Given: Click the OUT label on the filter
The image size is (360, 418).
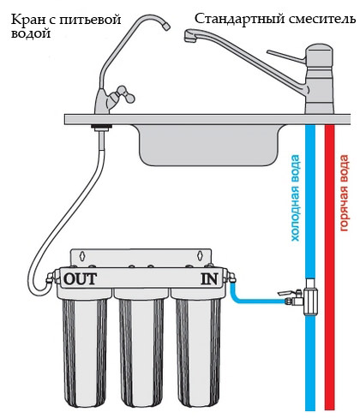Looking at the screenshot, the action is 81,279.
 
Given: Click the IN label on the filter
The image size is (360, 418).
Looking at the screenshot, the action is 209,279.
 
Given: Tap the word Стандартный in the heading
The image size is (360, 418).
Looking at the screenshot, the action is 239,20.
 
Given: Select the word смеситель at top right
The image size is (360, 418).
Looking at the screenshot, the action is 322,19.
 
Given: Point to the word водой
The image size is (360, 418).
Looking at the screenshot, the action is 31,33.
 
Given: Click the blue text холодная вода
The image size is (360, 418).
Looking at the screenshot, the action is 295,198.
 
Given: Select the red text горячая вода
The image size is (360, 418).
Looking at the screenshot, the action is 344,193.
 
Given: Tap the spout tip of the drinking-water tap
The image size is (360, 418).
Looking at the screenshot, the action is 166,27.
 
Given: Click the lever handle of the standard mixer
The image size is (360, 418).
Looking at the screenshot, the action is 286,57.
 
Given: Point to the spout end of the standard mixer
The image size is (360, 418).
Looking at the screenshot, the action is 189,37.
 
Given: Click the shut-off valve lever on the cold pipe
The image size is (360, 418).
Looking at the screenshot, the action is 287,293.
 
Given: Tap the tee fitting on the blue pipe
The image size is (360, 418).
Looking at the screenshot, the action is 310,297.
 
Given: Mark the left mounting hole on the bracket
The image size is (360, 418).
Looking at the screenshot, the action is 82,256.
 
